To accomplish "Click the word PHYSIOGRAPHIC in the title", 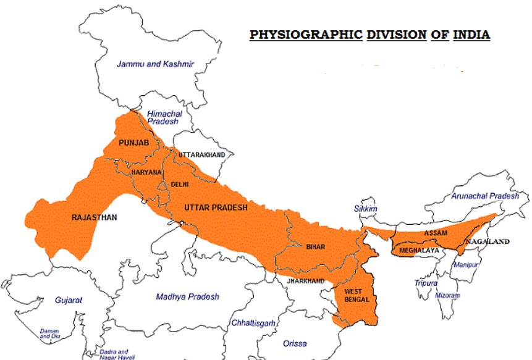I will click(306, 35).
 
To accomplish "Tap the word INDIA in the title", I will click(471, 35).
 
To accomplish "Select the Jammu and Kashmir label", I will click(156, 64).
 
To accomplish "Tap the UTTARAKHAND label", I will click(201, 154).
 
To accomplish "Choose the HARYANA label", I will click(146, 172).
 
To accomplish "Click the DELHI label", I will click(180, 184).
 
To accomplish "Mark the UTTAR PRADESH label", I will click(215, 207).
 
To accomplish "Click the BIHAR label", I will click(315, 246).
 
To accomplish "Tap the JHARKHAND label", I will click(305, 281).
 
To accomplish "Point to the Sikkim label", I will click(365, 209).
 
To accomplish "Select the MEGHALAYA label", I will click(419, 251).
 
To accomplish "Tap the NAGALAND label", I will click(488, 241).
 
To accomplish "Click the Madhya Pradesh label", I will click(187, 296).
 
